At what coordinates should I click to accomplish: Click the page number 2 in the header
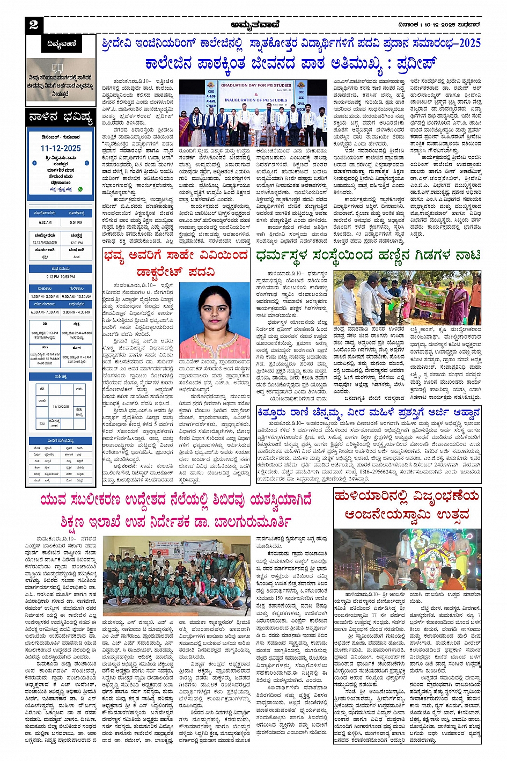tap(34, 25)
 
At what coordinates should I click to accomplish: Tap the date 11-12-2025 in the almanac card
tap(61, 148)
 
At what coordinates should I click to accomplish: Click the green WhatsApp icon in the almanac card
tap(80, 189)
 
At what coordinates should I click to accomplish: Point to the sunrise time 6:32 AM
tap(45, 222)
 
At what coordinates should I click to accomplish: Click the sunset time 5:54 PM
tap(76, 222)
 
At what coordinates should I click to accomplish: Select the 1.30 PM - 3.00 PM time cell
tap(45, 296)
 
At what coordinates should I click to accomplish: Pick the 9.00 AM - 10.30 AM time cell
tap(76, 296)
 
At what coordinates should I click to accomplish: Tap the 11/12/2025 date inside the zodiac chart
tap(61, 406)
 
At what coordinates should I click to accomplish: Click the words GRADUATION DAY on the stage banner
tap(256, 85)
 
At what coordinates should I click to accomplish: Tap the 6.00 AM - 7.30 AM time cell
tap(45, 312)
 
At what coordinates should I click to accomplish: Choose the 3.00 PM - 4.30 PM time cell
tap(76, 312)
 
